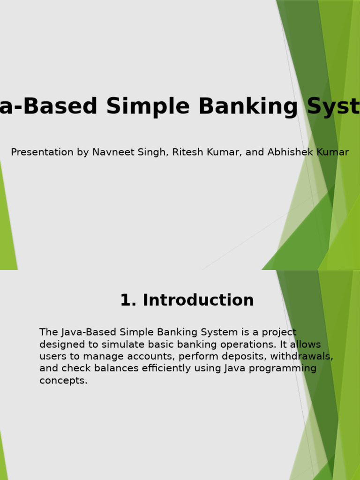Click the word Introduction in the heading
coord(198,300)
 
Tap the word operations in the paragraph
coord(241,345)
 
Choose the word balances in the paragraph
coord(115,369)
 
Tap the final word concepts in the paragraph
coord(63,381)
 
